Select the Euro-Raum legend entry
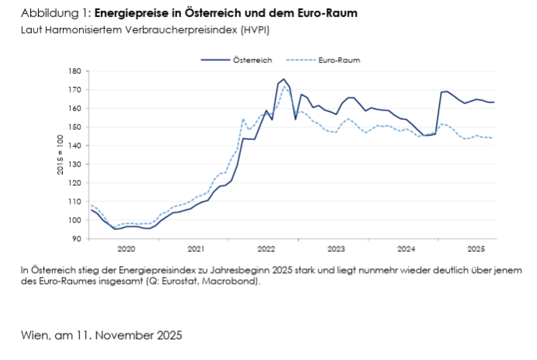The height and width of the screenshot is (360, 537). tap(338, 59)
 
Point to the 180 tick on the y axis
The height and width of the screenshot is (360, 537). tap(75, 71)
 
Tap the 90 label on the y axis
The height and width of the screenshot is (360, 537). tap(78, 239)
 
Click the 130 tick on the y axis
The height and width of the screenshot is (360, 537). tap(75, 164)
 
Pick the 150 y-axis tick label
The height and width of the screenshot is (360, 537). tap(75, 127)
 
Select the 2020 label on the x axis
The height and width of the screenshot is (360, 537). tap(126, 249)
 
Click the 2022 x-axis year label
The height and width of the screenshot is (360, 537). tap(266, 249)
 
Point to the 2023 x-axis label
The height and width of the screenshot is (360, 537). tap(336, 249)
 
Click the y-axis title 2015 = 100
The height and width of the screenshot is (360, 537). tap(59, 156)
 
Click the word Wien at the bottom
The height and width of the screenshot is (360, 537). tap(34, 335)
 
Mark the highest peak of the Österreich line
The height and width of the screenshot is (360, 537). tap(284, 79)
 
